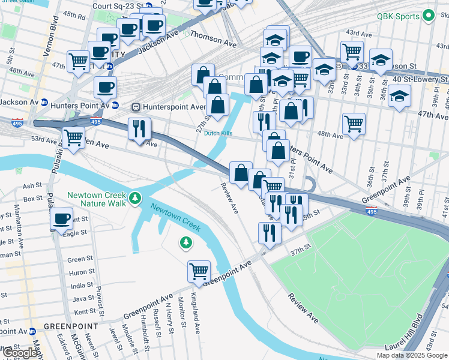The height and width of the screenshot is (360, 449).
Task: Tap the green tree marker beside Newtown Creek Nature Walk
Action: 136,197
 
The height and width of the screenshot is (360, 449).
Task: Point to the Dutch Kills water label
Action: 217,133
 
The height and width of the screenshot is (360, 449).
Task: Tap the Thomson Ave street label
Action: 214,43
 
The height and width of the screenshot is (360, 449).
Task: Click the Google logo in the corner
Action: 20,353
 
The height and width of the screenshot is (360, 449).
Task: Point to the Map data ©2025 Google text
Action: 411,355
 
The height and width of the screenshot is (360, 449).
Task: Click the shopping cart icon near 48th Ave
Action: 354,124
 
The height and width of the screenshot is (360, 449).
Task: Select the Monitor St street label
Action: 181,309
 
